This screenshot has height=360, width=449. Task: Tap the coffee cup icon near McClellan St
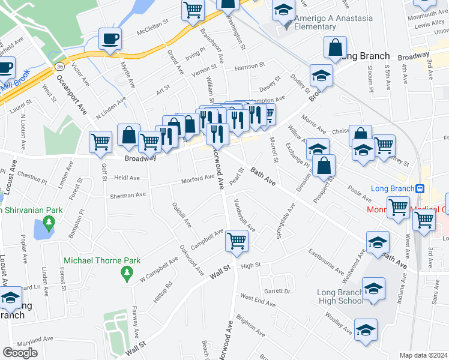pyautogui.click(x=110, y=39)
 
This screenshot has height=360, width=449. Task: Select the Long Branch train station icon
pyautogui.click(x=420, y=188)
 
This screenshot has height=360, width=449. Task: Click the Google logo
pyautogui.click(x=20, y=352)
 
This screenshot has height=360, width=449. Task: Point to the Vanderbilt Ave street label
pyautogui.click(x=245, y=215)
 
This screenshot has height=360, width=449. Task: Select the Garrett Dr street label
pyautogui.click(x=277, y=291)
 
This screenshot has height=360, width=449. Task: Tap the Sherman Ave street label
pyautogui.click(x=127, y=195)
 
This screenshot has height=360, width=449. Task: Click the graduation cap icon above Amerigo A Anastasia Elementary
pyautogui.click(x=283, y=10)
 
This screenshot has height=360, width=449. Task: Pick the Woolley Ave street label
pyautogui.click(x=339, y=323)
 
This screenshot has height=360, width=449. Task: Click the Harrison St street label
pyautogui.click(x=249, y=65)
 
